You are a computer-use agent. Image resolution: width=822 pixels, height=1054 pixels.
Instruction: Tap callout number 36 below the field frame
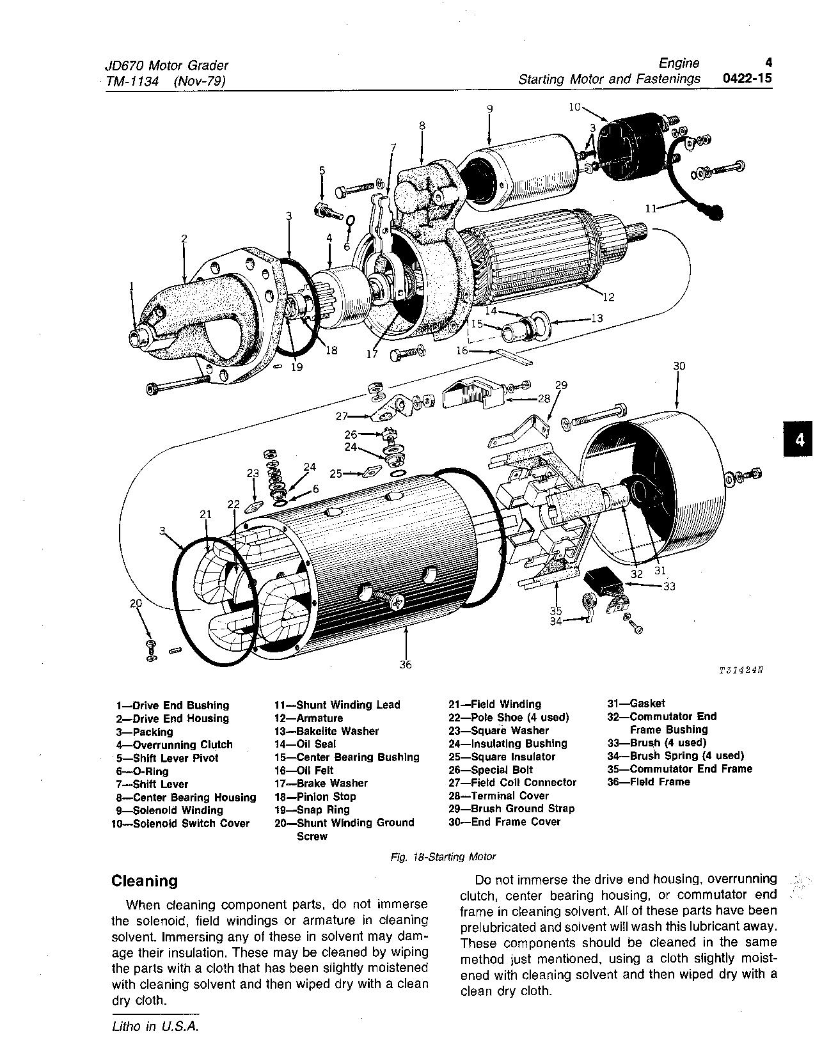[x=405, y=665]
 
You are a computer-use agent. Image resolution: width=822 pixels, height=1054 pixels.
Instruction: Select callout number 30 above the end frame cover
[x=679, y=366]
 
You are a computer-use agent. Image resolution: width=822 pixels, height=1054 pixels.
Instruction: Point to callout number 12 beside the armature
[x=608, y=297]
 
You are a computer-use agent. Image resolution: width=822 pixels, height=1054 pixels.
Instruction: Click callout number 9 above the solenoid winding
[x=489, y=109]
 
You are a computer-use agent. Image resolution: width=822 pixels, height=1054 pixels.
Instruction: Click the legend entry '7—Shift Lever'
[x=152, y=784]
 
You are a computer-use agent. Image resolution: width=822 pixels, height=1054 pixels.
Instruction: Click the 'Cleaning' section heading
[x=145, y=881]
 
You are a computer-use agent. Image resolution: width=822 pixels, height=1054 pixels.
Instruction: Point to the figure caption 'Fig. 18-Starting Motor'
[x=443, y=856]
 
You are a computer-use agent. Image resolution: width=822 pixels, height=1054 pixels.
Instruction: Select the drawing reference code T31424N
[x=741, y=671]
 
